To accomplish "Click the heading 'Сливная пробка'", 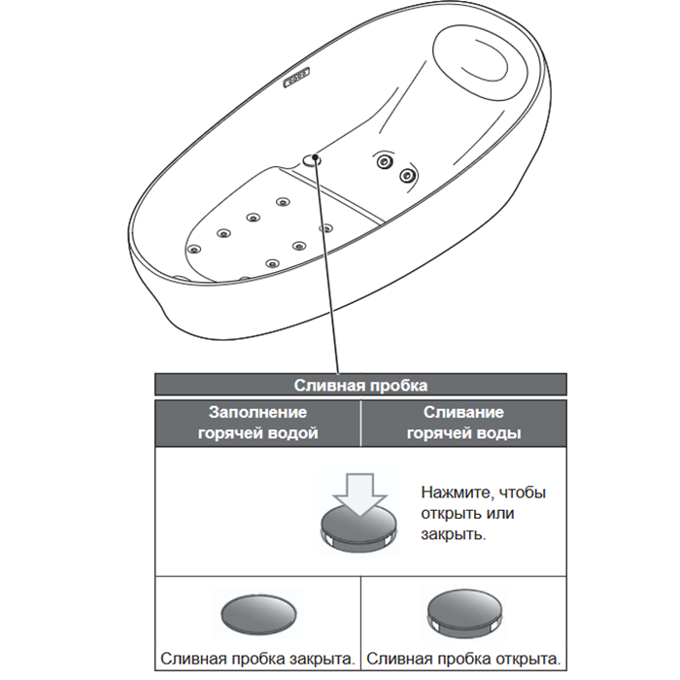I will pyautogui.click(x=360, y=385).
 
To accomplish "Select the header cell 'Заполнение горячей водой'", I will pyautogui.click(x=257, y=423).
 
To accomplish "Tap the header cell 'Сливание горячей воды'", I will pyautogui.click(x=462, y=423).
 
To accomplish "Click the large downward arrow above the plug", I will pyautogui.click(x=359, y=491).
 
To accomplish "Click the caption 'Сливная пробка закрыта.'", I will pyautogui.click(x=257, y=658).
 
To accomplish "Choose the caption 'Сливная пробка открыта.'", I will pyautogui.click(x=463, y=658).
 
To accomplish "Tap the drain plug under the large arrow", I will pyautogui.click(x=359, y=526).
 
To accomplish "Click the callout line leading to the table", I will pyautogui.click(x=327, y=272).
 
